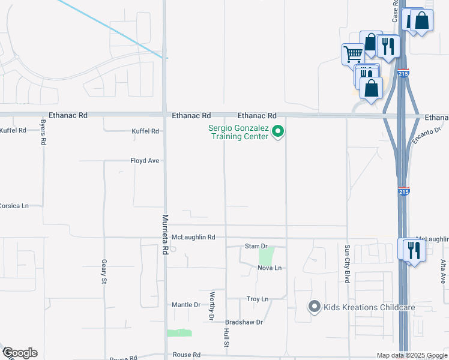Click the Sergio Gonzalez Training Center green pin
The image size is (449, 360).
click(x=277, y=131)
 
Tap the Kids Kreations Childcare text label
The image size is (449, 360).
click(x=369, y=308)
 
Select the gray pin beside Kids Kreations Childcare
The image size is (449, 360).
click(x=313, y=307)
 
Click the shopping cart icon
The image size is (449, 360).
click(x=352, y=54)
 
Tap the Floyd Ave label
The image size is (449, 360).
click(x=145, y=161)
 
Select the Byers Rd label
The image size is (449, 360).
click(x=43, y=133)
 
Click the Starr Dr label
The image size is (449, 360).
click(x=256, y=246)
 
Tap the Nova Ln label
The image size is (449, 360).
click(x=269, y=268)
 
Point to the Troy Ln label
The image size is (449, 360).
click(x=257, y=299)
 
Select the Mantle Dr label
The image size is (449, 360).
click(x=186, y=305)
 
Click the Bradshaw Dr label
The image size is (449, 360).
click(x=244, y=322)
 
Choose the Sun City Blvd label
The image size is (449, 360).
click(x=347, y=259)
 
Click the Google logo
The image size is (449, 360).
click(x=19, y=353)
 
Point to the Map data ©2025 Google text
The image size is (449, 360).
click(x=411, y=355)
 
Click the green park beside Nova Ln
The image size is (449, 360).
click(x=266, y=256)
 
